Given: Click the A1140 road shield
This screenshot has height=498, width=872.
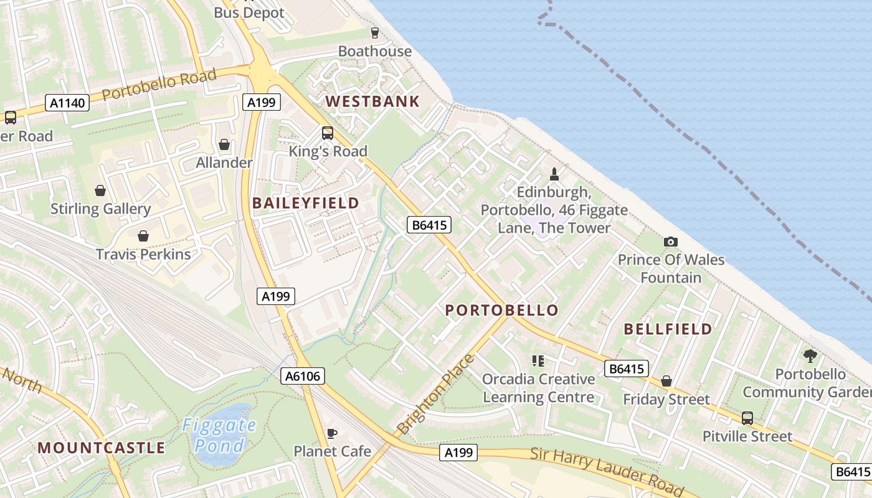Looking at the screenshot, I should (67, 103).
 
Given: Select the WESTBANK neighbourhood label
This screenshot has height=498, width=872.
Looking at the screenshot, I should (372, 101).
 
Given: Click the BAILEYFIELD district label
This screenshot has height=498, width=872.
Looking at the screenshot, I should (305, 203).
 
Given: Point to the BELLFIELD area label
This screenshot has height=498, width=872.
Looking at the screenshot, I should (668, 329).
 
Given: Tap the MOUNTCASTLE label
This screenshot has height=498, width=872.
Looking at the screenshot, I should (102, 448).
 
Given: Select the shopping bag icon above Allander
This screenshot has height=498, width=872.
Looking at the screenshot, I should (224, 145).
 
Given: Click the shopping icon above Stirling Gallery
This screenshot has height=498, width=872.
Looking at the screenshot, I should (100, 190).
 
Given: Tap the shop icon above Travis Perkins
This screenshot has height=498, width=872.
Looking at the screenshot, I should (143, 236).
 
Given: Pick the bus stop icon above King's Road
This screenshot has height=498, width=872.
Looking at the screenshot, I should (328, 133).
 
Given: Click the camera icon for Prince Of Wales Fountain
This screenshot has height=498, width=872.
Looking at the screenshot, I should (671, 242).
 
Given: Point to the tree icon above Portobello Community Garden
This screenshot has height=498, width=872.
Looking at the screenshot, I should (810, 356).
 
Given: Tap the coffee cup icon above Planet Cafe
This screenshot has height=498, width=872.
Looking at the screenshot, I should (332, 433).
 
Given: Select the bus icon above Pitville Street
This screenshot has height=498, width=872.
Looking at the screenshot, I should (747, 418).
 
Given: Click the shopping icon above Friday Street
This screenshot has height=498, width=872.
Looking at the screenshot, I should (666, 381).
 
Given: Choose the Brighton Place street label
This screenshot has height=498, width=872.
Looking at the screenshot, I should (435, 395).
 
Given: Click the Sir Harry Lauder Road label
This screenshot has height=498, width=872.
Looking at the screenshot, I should (607, 470).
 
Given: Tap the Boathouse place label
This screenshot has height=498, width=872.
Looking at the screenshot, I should (375, 51).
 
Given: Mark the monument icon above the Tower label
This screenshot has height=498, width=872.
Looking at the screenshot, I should (554, 174).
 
